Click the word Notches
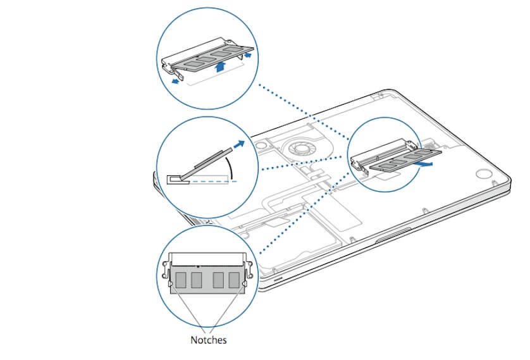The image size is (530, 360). [208, 340]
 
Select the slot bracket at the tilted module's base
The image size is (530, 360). [177, 178]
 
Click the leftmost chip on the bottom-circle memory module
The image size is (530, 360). [181, 279]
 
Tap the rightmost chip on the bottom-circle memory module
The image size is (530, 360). [234, 279]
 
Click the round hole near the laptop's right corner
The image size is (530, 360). [483, 175]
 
